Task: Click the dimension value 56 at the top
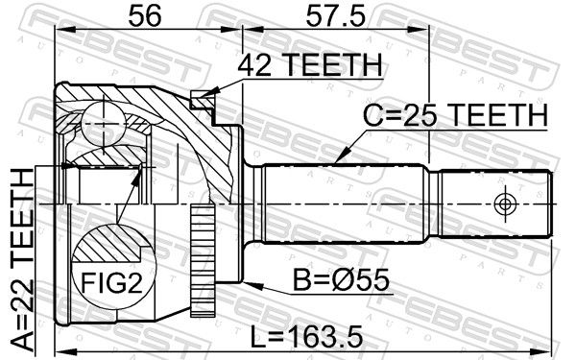[145, 16]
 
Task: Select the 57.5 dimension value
[336, 16]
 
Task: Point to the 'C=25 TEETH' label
[455, 115]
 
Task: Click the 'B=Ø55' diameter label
[341, 280]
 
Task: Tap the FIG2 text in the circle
[111, 282]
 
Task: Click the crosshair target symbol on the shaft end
[505, 204]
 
